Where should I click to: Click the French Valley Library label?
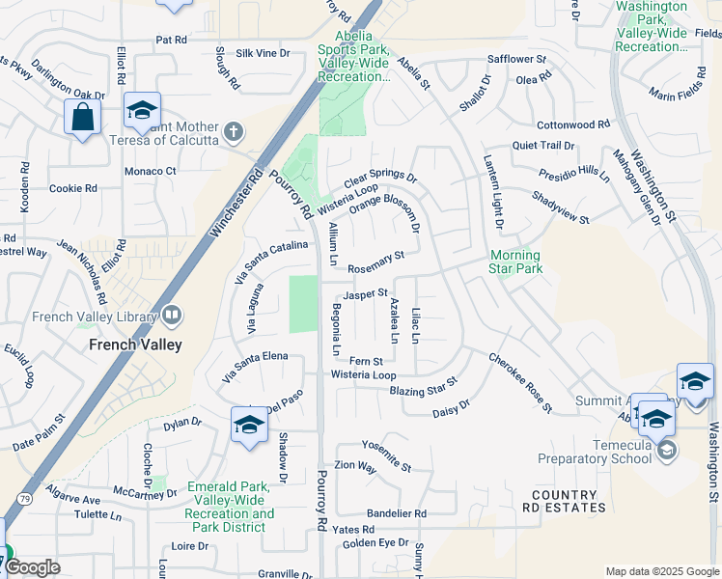[94, 316]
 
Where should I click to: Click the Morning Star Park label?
[515, 262]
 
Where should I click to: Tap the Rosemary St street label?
[375, 260]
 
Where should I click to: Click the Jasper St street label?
[365, 292]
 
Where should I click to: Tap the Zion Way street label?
[354, 465]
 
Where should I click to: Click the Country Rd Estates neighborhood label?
[565, 500]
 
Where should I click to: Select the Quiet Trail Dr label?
[542, 146]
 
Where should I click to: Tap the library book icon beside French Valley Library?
[172, 315]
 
